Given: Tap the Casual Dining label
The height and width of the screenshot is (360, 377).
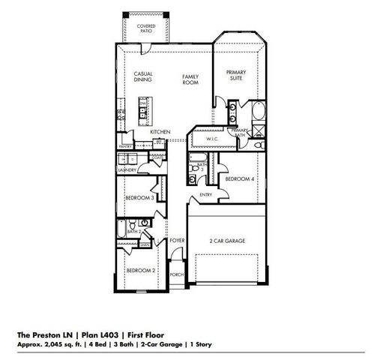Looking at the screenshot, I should (x=144, y=76).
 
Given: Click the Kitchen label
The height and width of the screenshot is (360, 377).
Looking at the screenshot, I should (x=160, y=131).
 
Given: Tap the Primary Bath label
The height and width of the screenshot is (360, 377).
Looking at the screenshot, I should (x=240, y=133).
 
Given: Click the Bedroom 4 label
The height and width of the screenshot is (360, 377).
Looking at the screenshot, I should (x=241, y=178).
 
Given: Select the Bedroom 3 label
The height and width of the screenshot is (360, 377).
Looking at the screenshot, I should (x=140, y=198).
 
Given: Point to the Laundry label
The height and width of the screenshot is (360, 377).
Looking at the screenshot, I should (x=126, y=170).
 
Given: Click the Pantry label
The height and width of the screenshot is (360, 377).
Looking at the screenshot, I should (x=125, y=146).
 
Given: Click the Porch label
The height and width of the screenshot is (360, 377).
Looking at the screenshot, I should (x=177, y=274).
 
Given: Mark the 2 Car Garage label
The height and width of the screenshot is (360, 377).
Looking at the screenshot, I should (x=227, y=241).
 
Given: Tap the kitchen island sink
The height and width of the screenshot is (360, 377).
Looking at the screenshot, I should (x=142, y=114).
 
